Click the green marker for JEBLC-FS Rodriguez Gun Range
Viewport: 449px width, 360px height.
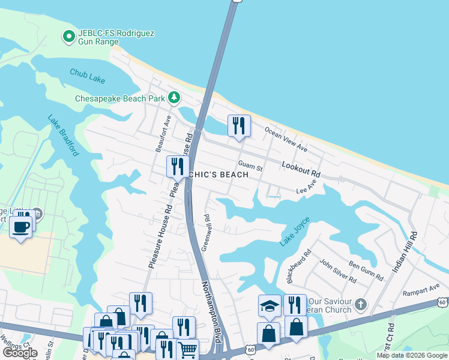(x=69, y=37)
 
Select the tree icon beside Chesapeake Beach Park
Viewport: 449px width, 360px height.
(x=174, y=97)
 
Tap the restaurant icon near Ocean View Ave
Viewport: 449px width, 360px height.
(x=239, y=125)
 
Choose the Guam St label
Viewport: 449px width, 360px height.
(x=250, y=165)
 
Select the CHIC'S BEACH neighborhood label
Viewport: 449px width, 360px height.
(x=218, y=175)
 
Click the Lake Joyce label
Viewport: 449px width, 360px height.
(x=295, y=232)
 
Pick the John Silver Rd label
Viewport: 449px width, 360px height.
(x=337, y=271)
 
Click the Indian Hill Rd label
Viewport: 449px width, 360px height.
(x=404, y=253)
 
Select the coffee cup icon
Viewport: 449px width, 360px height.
(x=20, y=227)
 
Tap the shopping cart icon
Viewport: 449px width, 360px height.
(x=188, y=349)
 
